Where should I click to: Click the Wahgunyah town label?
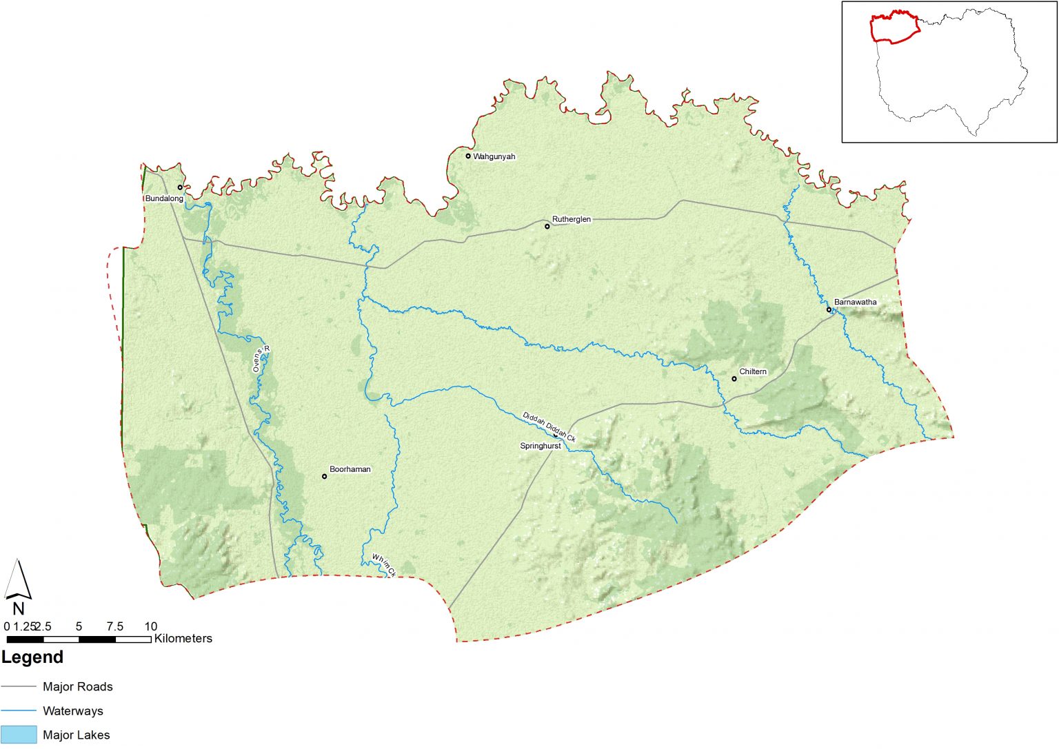click(494, 156)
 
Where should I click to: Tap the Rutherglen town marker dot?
click(547, 226)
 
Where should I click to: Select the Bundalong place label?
click(164, 198)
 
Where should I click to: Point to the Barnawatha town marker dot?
click(829, 309)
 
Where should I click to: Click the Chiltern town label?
click(753, 371)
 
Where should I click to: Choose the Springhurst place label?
click(540, 446)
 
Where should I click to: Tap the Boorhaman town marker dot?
click(324, 476)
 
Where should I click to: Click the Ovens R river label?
click(261, 359)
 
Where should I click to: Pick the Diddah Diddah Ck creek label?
click(549, 427)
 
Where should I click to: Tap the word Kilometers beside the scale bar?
click(183, 639)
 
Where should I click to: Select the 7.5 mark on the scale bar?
click(114, 626)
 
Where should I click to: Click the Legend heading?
click(32, 657)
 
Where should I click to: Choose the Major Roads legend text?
click(77, 686)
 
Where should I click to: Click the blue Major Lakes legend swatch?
click(19, 735)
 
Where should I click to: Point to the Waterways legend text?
click(72, 710)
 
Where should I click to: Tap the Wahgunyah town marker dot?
click(468, 156)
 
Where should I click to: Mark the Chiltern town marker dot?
click(734, 378)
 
